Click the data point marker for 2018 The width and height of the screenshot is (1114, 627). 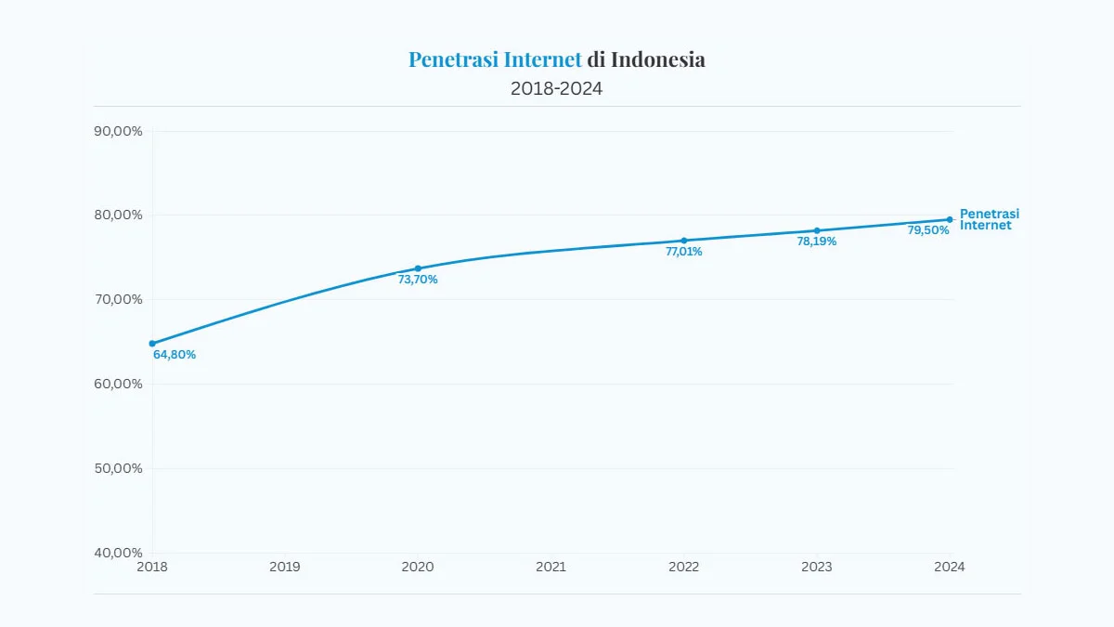coord(152,344)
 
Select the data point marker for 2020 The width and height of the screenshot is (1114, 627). coord(418,268)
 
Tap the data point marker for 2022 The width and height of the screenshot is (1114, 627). coord(684,241)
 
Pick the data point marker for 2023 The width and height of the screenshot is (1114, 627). coord(817,230)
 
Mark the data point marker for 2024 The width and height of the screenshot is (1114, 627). coord(950,220)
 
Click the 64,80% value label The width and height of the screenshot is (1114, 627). coord(175,355)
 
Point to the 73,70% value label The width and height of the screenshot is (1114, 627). coord(418,280)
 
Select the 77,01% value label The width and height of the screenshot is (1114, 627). coord(684,252)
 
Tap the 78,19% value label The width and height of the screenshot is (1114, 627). coord(817,242)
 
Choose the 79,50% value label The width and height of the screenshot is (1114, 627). coord(928,230)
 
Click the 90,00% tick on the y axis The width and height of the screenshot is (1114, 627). coord(119,131)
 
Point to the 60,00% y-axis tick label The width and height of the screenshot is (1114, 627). coord(119,384)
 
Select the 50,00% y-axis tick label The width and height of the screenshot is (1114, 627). coord(119,468)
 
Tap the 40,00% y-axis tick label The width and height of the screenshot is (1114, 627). coord(119,553)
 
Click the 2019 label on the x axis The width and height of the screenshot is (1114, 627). coord(285,567)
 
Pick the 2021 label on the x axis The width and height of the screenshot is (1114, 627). coord(551,567)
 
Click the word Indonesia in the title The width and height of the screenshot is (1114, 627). coord(657,60)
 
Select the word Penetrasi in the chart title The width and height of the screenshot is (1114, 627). coord(453,60)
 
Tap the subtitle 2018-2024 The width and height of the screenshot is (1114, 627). coord(557,89)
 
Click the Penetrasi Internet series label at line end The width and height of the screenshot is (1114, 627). coord(989,220)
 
